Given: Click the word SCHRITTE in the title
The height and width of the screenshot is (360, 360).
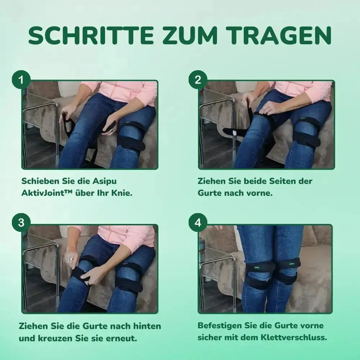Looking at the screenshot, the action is (91, 35).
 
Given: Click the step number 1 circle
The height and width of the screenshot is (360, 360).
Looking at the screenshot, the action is (21, 80).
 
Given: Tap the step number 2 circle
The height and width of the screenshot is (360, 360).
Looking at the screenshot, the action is (198, 80).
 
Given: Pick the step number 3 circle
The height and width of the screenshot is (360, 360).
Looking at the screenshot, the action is (21, 222).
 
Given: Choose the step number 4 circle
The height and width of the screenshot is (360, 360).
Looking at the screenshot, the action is (198, 222).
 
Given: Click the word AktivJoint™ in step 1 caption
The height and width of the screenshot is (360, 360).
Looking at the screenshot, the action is (47, 193).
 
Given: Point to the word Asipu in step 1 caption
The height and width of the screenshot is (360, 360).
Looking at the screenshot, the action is (104, 181).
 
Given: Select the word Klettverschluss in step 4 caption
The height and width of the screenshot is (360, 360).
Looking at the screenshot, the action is (294, 338).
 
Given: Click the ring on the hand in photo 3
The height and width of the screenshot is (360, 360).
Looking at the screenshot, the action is (71, 259).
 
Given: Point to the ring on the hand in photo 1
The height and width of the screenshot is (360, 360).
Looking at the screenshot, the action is (111, 130).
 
